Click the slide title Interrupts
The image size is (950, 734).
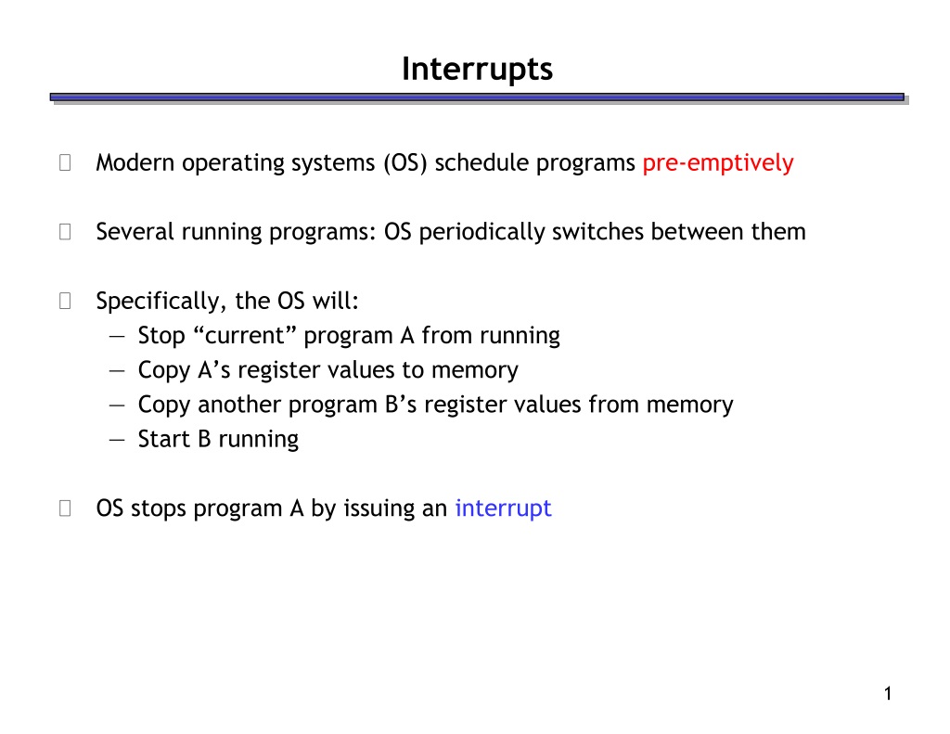click(477, 70)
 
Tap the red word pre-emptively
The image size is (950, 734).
click(718, 163)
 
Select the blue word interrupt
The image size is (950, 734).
click(504, 509)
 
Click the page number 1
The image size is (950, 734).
click(888, 693)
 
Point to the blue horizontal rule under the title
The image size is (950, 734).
click(477, 97)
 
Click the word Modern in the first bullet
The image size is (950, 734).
click(135, 162)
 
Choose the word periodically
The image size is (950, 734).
click(481, 233)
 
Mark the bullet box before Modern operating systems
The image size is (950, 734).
click(65, 163)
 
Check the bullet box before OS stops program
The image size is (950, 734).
click(65, 509)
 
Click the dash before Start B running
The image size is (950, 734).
click(117, 440)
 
